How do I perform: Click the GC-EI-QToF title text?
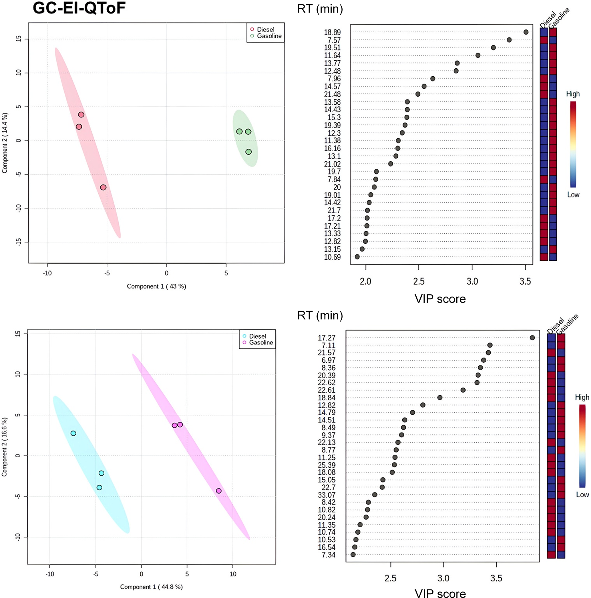coord(79,8)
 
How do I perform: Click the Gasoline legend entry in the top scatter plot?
coord(269,36)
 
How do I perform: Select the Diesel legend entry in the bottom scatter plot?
coord(257,336)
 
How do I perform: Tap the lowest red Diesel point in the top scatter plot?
coord(103,187)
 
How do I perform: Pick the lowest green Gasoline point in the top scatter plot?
coord(248,152)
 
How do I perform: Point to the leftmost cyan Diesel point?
coord(73,433)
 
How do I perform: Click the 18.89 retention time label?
coord(332,32)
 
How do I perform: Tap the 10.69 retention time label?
coord(332,257)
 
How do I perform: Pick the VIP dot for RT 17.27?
coord(532,338)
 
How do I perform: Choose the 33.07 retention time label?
coord(327,495)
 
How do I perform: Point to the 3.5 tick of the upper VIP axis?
coord(525,281)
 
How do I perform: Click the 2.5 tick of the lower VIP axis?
coord(391,578)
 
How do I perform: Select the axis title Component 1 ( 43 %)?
coord(156,286)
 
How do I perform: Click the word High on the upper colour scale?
coord(573,94)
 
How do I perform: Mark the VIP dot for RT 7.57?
coord(509,40)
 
